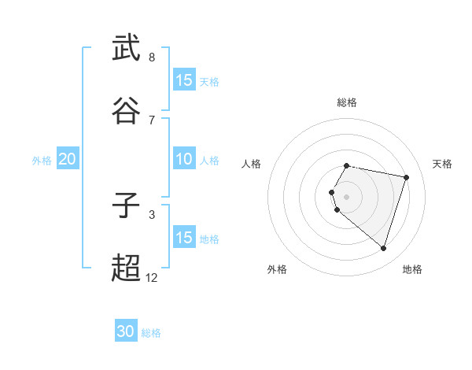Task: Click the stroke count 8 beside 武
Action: click(152, 57)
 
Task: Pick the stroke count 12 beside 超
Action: click(152, 277)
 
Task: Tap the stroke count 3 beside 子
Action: click(152, 214)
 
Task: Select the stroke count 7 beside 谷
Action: click(152, 120)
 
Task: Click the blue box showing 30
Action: click(126, 331)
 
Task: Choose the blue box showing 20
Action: click(67, 159)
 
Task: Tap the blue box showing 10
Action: click(183, 159)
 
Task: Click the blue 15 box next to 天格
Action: click(183, 80)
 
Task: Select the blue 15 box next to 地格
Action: click(183, 238)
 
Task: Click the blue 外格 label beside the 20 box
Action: click(42, 161)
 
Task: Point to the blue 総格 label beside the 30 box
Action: click(152, 333)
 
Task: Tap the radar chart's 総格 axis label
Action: click(347, 102)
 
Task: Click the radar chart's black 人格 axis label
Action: click(252, 164)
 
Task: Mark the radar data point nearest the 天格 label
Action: click(406, 177)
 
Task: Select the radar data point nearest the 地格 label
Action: click(383, 249)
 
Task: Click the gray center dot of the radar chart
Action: click(347, 196)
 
